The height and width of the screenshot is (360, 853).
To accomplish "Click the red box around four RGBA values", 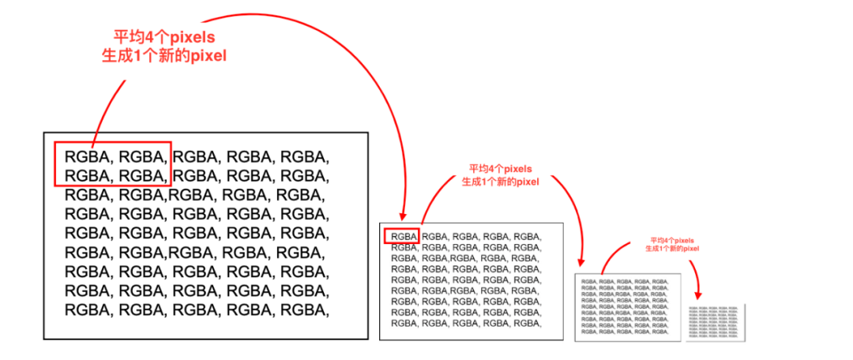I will point(111,164).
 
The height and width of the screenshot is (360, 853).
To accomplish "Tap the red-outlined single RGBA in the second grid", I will point(402,236).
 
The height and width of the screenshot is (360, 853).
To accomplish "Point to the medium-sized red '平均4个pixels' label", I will point(500,169).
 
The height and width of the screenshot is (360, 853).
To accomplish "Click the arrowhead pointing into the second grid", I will point(404,215).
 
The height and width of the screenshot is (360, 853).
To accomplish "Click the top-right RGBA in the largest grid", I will point(303,156).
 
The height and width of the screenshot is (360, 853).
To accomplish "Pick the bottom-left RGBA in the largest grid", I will point(87,310).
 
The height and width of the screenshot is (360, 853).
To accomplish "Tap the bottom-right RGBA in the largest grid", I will point(303,310).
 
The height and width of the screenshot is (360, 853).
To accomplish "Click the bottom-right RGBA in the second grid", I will point(526,323).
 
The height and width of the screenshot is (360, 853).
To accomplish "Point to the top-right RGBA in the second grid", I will point(526,236).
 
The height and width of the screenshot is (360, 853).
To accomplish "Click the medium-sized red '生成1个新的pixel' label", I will point(500,182).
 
